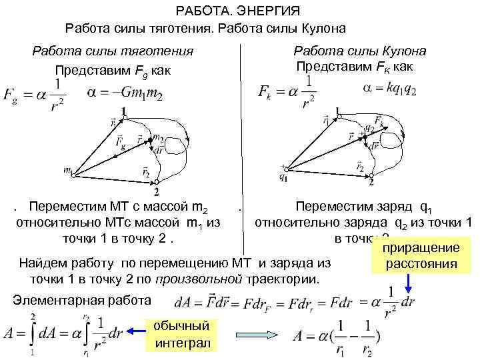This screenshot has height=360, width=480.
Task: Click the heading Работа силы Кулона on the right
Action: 360,51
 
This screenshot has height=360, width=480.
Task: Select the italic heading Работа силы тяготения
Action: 113,51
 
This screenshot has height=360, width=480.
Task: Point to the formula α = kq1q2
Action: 390,89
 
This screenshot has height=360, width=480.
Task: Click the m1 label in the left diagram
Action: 68,171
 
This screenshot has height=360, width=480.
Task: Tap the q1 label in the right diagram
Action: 285,177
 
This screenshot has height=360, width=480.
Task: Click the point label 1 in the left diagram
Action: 123,111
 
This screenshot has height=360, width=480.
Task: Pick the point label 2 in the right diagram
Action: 371,182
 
